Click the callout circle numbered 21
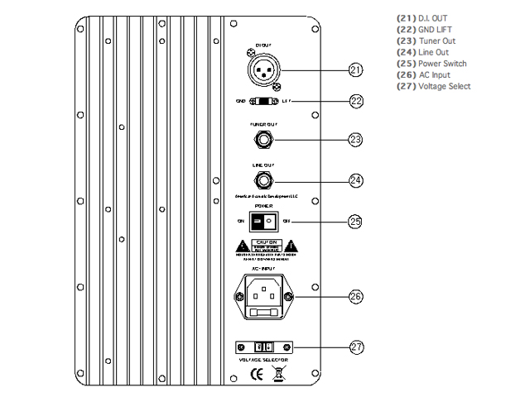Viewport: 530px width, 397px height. pyautogui.click(x=355, y=69)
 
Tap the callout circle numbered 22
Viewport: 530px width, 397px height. pyautogui.click(x=355, y=101)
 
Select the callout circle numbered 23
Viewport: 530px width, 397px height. pyautogui.click(x=355, y=139)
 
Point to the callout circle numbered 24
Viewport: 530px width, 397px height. pyautogui.click(x=355, y=179)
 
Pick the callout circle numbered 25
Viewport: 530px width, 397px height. pyautogui.click(x=355, y=221)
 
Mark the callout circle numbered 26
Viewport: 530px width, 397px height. pyautogui.click(x=355, y=295)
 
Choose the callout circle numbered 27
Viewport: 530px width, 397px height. pyautogui.click(x=355, y=347)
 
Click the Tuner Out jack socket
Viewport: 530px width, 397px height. pyautogui.click(x=265, y=139)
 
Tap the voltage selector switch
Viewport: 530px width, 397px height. pyautogui.click(x=264, y=347)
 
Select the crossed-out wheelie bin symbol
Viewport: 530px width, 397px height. pyautogui.click(x=280, y=373)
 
